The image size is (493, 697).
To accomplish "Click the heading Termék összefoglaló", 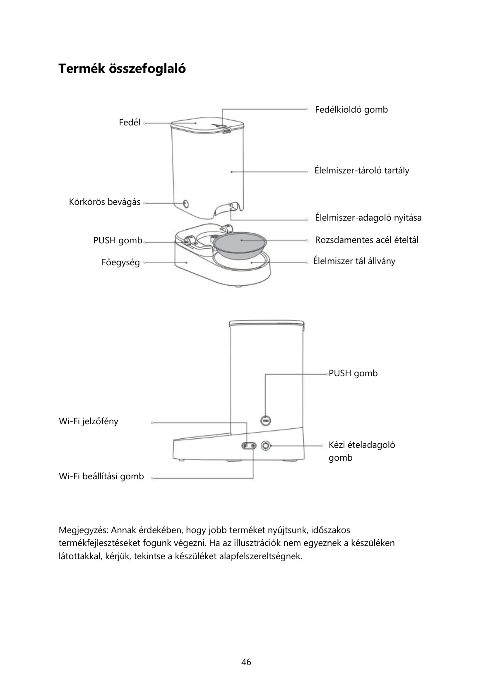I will coord(122,68).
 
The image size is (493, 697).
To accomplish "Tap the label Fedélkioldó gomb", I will coord(351,110).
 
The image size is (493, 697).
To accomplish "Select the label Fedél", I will coord(130,123).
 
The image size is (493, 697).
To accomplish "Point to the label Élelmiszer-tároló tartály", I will coord(362,171).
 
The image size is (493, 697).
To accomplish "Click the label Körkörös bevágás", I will coord(105,202).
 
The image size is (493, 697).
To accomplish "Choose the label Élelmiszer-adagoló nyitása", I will coord(368,218).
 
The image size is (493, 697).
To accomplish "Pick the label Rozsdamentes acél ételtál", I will coord(366,240).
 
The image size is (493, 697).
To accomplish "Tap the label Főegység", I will coord(120,262).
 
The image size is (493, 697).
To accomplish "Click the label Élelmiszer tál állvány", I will coord(354,261).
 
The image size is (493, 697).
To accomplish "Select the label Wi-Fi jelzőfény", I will coord(89,421).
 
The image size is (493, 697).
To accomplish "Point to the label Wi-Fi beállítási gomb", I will coord(101,476).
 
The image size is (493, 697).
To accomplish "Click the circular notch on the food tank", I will coord(185,204).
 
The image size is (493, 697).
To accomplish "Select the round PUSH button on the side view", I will coord(266,421).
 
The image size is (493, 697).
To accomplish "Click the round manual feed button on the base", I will coord(265,446).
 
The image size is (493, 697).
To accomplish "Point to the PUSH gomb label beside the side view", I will coord(353,373).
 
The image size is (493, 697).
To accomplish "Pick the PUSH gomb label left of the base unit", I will coord(118,240).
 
